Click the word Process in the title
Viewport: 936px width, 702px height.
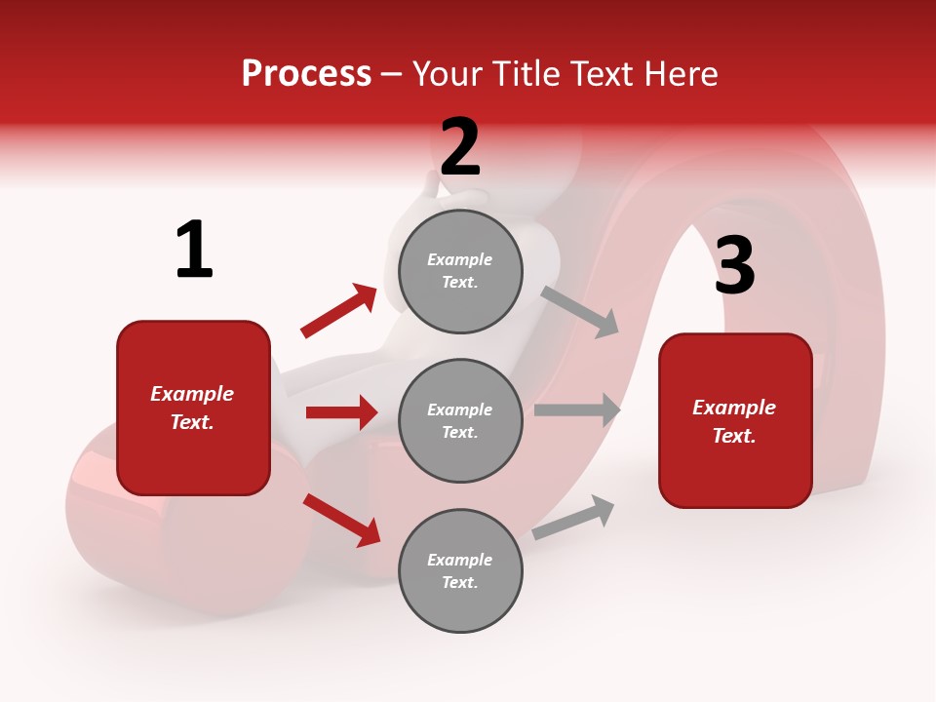pos(306,73)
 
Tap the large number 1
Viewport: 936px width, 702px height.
pos(194,251)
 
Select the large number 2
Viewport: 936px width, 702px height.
pos(460,146)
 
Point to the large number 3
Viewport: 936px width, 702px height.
pos(734,265)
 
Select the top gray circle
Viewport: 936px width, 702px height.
pos(460,271)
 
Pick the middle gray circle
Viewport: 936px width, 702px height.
pos(460,420)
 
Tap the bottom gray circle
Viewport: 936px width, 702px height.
pos(460,570)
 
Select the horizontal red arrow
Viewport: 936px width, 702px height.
pos(341,412)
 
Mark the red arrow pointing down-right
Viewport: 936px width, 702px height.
pos(342,520)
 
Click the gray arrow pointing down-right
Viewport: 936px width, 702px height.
pos(580,311)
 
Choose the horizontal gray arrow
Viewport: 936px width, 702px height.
pos(577,410)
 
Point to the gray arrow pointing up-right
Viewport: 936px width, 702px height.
pos(574,517)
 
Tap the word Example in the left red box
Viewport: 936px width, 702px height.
pos(192,394)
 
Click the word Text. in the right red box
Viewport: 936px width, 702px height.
pos(734,436)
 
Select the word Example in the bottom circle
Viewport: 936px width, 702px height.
pos(459,560)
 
